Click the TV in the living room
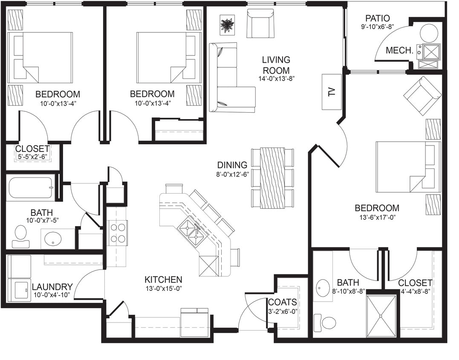332,92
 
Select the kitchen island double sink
190,231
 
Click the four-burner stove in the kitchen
117,233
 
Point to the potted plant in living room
227,25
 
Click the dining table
272,177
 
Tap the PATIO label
377,18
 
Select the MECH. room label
399,50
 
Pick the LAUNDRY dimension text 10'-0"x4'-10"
52,295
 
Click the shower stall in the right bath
381,316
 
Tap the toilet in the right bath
326,322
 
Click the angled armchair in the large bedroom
422,96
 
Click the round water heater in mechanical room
429,33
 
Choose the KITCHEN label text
163,280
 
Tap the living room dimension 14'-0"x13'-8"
276,78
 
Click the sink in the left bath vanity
53,239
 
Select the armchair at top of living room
260,23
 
